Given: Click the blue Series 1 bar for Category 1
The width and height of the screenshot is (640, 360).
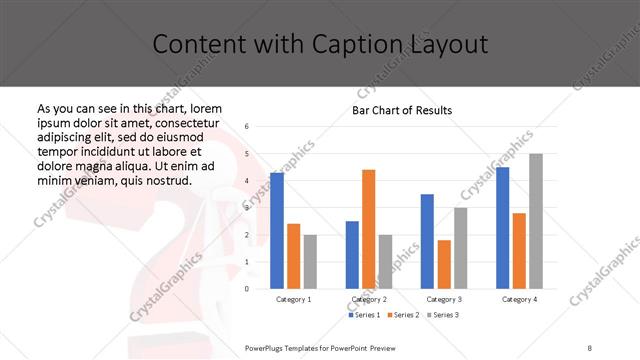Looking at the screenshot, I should click(277, 230).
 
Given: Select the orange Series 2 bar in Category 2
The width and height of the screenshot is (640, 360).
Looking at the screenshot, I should click(368, 229).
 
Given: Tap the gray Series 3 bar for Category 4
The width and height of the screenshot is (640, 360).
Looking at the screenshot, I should click(535, 221).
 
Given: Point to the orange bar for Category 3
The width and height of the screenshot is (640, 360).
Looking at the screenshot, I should click(444, 264).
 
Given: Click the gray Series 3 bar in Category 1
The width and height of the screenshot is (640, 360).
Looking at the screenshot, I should click(310, 261).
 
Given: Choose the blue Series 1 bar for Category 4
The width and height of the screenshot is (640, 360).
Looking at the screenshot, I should click(502, 227).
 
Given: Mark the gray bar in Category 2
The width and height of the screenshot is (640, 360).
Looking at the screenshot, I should click(385, 261).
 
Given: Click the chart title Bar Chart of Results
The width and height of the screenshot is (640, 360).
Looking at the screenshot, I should click(402, 110).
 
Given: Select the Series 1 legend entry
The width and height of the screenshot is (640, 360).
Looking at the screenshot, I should click(365, 315).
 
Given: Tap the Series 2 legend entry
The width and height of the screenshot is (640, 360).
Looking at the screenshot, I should click(402, 315).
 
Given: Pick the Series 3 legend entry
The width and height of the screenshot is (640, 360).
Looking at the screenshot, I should click(443, 315).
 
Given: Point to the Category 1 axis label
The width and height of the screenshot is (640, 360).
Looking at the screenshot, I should click(293, 299).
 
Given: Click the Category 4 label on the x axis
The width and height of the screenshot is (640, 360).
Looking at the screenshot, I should click(518, 299).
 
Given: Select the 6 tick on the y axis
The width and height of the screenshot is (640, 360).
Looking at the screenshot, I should click(247, 127).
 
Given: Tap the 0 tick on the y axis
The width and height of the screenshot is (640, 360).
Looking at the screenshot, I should click(247, 289).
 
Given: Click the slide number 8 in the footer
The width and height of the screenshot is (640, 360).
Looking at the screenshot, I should click(590, 348).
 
